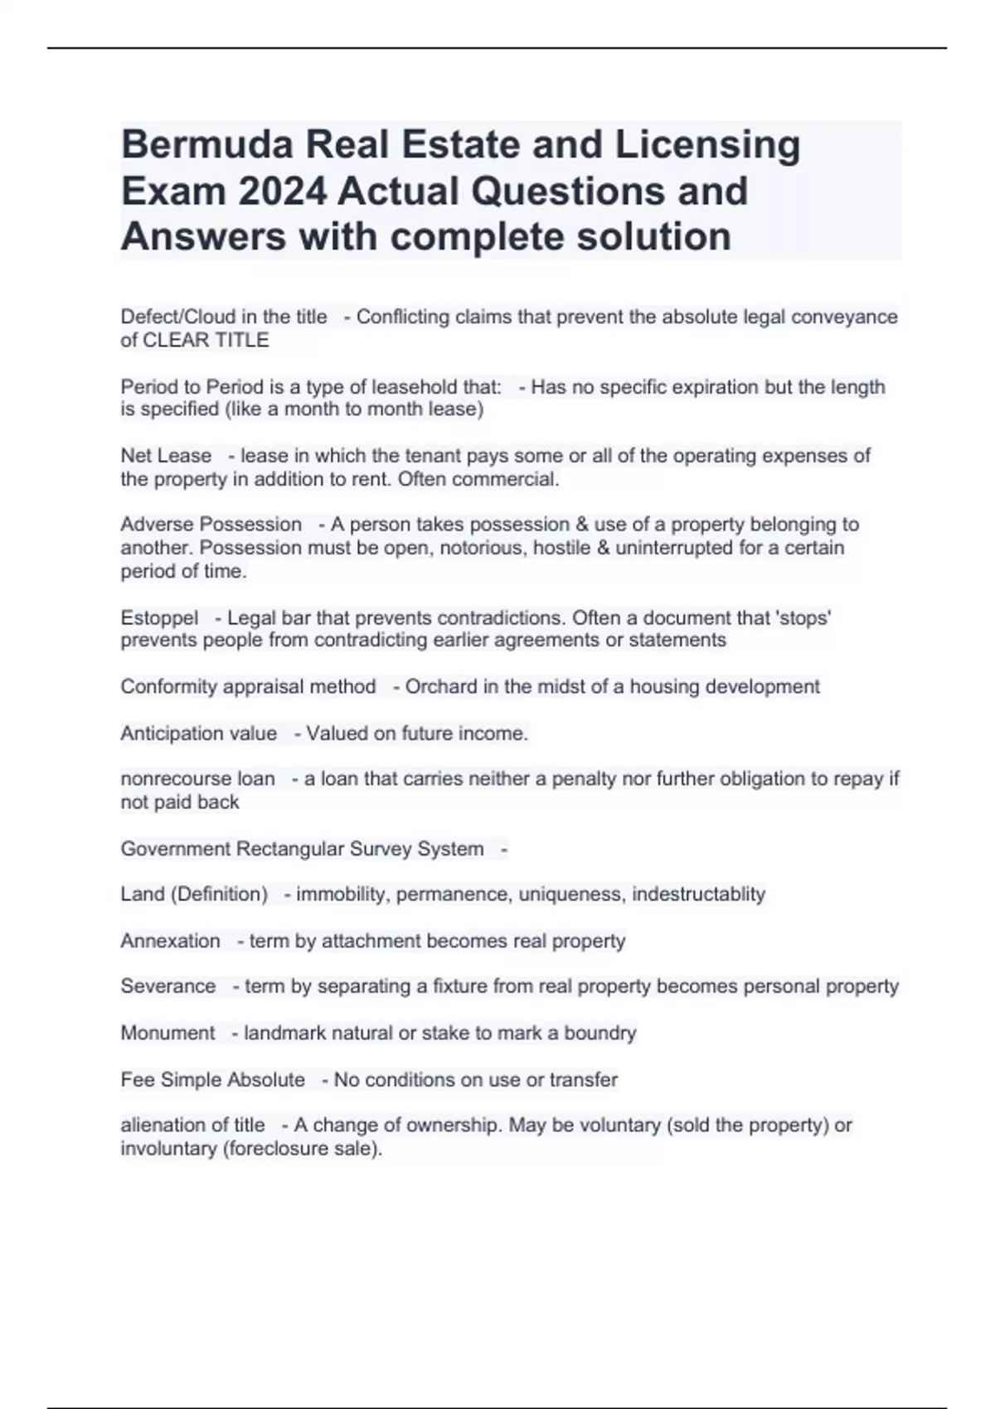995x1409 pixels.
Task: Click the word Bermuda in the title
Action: pyautogui.click(x=206, y=146)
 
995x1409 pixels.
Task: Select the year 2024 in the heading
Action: pyautogui.click(x=279, y=191)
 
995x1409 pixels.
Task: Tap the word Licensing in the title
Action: pyautogui.click(x=707, y=146)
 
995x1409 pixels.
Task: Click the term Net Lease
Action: pyautogui.click(x=166, y=456)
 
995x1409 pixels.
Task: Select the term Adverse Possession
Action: pyautogui.click(x=211, y=525)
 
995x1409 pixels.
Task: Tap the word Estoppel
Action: pyautogui.click(x=159, y=618)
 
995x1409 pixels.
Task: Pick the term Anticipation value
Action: pyautogui.click(x=198, y=734)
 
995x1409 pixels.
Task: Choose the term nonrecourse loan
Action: pyautogui.click(x=197, y=779)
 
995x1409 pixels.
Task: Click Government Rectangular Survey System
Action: pyautogui.click(x=302, y=849)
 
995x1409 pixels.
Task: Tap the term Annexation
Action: pyautogui.click(x=170, y=942)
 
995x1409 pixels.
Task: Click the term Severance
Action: pyautogui.click(x=167, y=986)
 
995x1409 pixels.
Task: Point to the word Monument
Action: pyautogui.click(x=167, y=1034)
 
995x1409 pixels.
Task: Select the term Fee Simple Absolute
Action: pyautogui.click(x=212, y=1080)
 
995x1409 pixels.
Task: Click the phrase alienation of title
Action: pyautogui.click(x=192, y=1126)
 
